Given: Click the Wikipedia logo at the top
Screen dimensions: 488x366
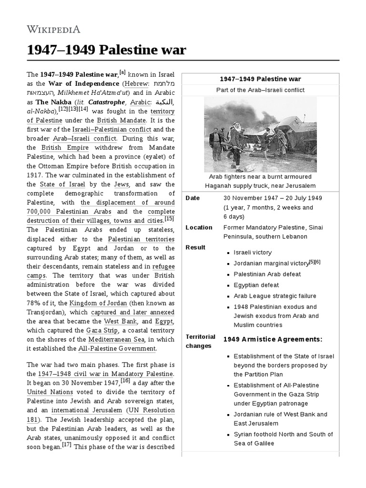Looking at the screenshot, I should [x=53, y=29].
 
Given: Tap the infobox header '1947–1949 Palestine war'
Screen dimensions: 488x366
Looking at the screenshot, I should [x=260, y=79].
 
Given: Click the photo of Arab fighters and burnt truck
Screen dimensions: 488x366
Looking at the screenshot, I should [x=260, y=134].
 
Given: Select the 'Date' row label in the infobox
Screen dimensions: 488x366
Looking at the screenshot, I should [x=193, y=198].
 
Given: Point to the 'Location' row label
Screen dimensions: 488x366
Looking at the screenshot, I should [x=199, y=228].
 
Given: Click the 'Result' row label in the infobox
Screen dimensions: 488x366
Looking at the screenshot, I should [x=195, y=247].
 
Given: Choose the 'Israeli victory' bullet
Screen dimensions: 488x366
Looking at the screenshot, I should [x=253, y=253].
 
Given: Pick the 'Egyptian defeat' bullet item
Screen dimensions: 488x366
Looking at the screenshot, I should [x=256, y=285].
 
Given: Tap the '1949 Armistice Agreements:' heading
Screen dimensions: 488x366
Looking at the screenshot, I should [x=273, y=339].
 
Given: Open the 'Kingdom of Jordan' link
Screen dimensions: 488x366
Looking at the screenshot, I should [x=98, y=303].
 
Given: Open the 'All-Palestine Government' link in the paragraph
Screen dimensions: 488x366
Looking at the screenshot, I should [x=117, y=349].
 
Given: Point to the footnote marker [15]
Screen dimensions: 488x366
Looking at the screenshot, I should [x=169, y=219].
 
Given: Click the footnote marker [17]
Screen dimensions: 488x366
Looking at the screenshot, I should [x=66, y=445].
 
